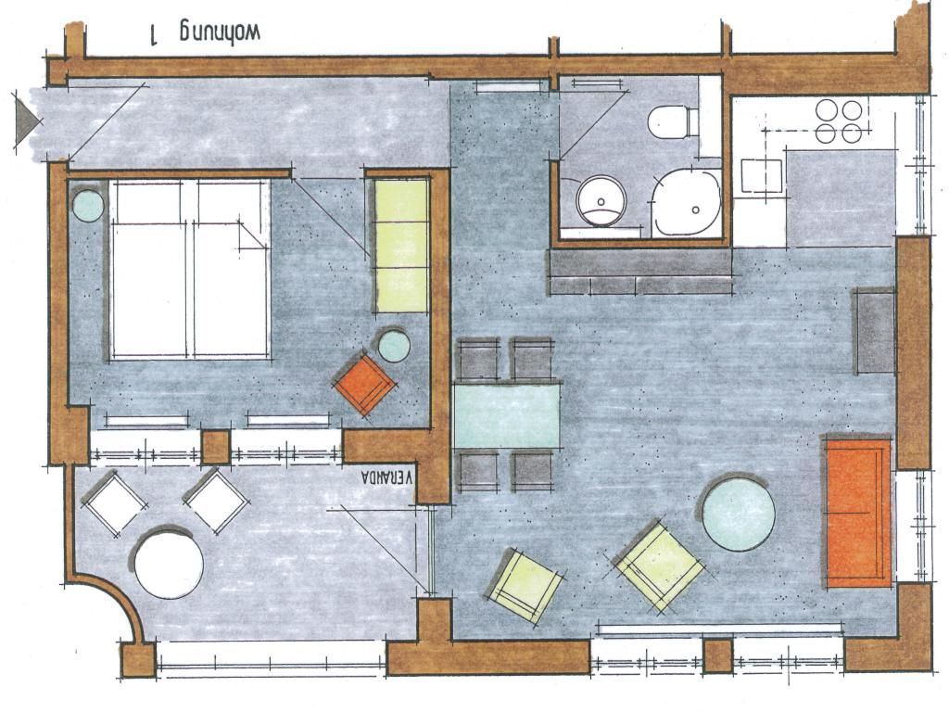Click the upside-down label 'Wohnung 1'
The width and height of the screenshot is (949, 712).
click(205, 33)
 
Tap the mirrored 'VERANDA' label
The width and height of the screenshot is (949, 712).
click(386, 477)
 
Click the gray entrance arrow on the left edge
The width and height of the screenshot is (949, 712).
click(27, 121)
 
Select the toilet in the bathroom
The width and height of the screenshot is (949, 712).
click(673, 122)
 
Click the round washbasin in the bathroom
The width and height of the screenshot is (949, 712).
click(600, 200)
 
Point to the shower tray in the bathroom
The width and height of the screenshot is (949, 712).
click(687, 203)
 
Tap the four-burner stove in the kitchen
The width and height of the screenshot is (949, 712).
click(838, 121)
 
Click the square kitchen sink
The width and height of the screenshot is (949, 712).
click(762, 175)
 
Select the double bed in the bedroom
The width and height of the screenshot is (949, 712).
click(189, 270)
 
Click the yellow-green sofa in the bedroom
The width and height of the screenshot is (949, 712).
click(402, 245)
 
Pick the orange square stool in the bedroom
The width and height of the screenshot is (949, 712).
click(365, 383)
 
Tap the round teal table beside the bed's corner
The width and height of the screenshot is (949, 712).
click(89, 206)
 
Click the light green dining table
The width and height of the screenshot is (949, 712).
click(507, 415)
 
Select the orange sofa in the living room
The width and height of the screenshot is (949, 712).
click(858, 513)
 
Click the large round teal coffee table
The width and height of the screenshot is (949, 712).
click(739, 514)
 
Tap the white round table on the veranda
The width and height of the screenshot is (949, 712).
click(169, 565)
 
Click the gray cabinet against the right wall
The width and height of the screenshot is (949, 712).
click(874, 332)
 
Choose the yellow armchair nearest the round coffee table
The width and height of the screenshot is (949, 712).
click(660, 566)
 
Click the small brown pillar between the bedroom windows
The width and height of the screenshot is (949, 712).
click(215, 447)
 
